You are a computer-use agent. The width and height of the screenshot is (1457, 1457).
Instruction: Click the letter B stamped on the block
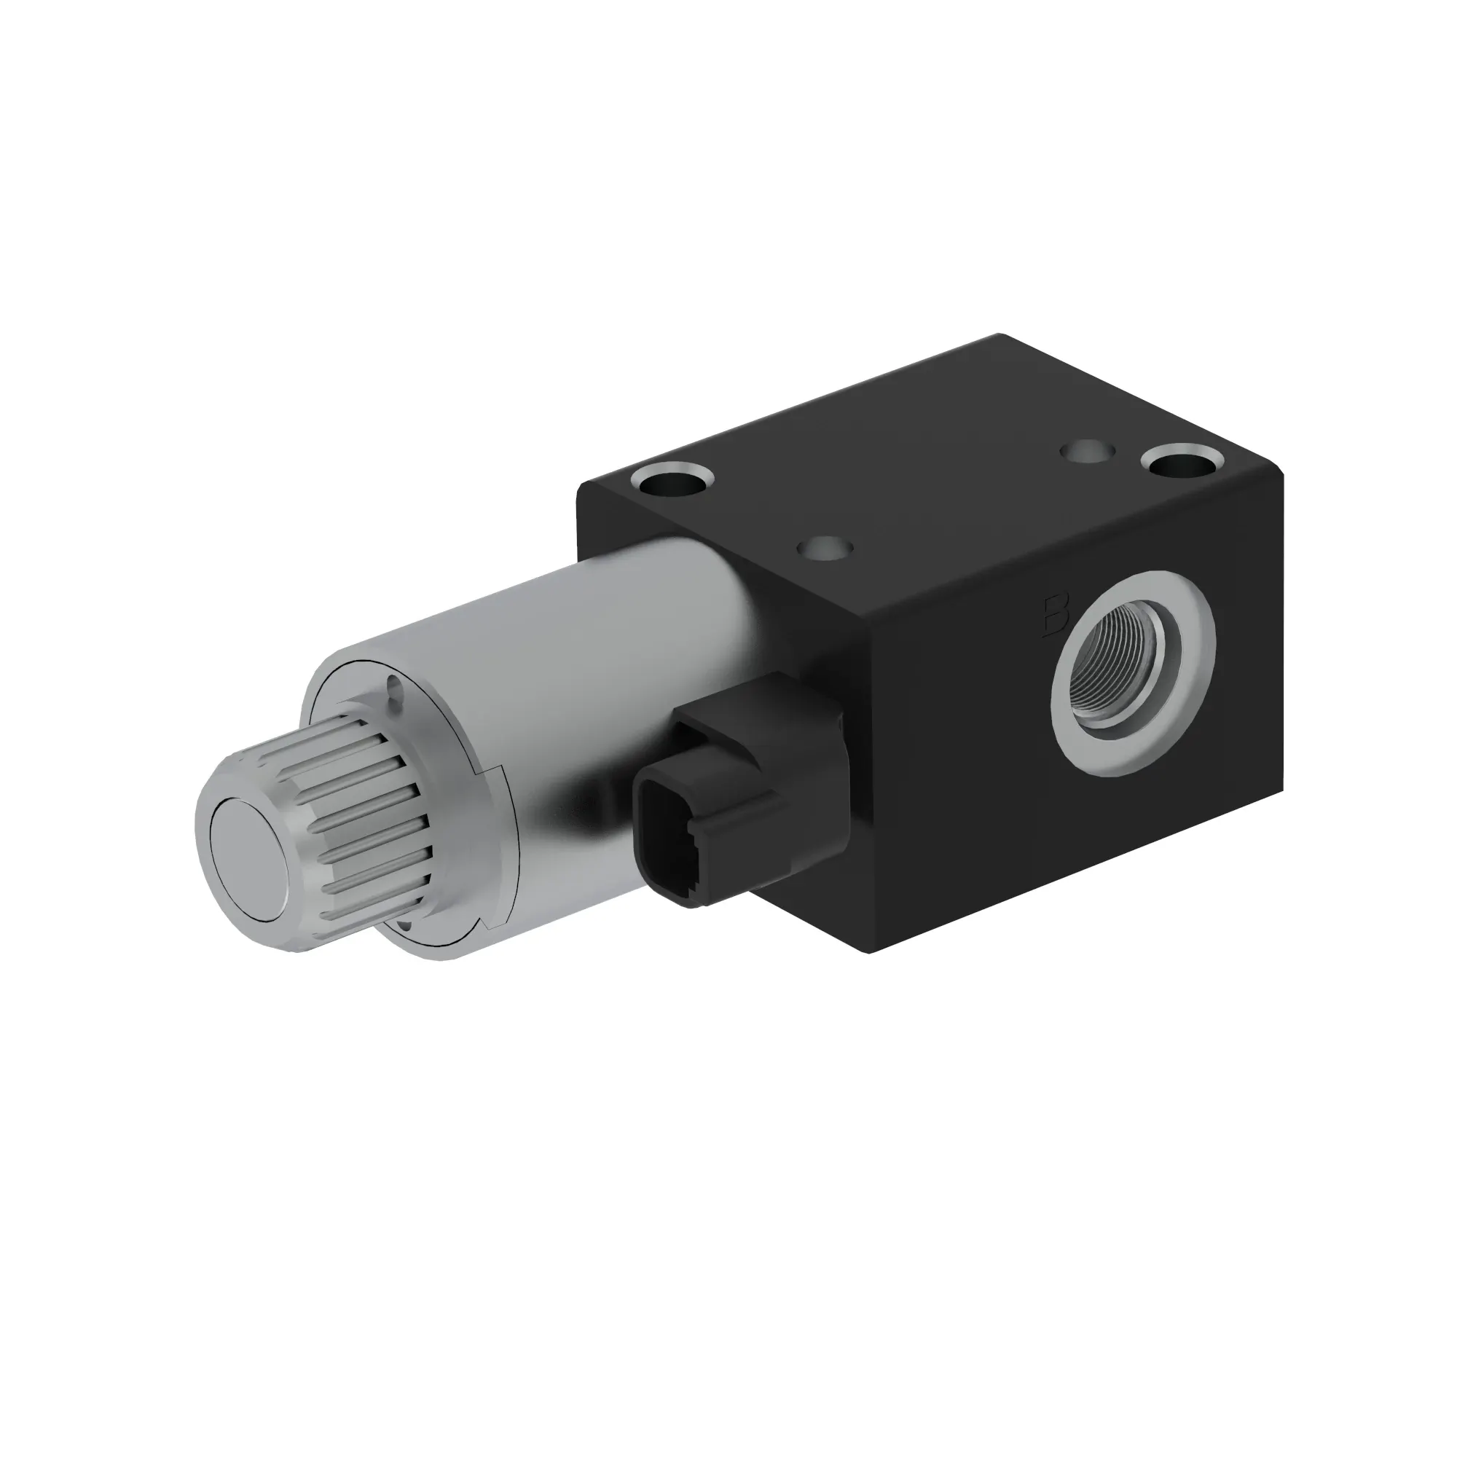pos(1056,617)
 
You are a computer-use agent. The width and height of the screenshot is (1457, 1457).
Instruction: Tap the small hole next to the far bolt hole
pos(1087,452)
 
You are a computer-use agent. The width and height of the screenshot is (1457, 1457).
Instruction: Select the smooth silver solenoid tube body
pos(573,664)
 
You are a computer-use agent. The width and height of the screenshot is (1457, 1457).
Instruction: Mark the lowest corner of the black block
pos(869,951)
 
